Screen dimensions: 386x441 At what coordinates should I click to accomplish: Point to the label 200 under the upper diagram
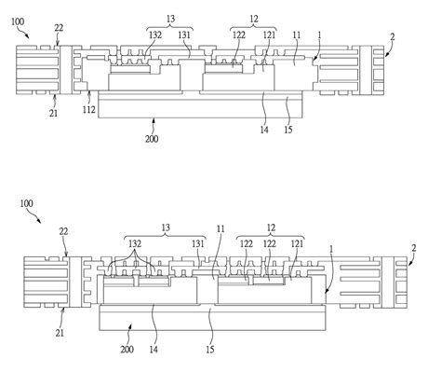coord(152,139)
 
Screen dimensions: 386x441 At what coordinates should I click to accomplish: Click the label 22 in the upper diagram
coord(59,28)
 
